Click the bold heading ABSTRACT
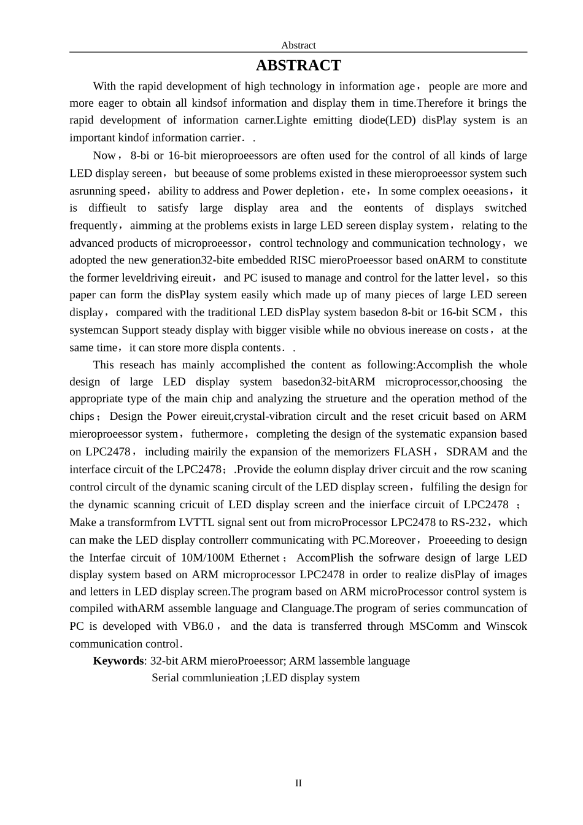coord(298,66)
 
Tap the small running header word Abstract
coord(298,45)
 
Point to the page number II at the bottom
coord(298,783)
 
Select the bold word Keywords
coord(118,661)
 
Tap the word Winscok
coord(506,626)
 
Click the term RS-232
coord(469,522)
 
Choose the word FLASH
coord(412,452)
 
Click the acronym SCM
coord(484,312)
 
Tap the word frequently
coord(93,226)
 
